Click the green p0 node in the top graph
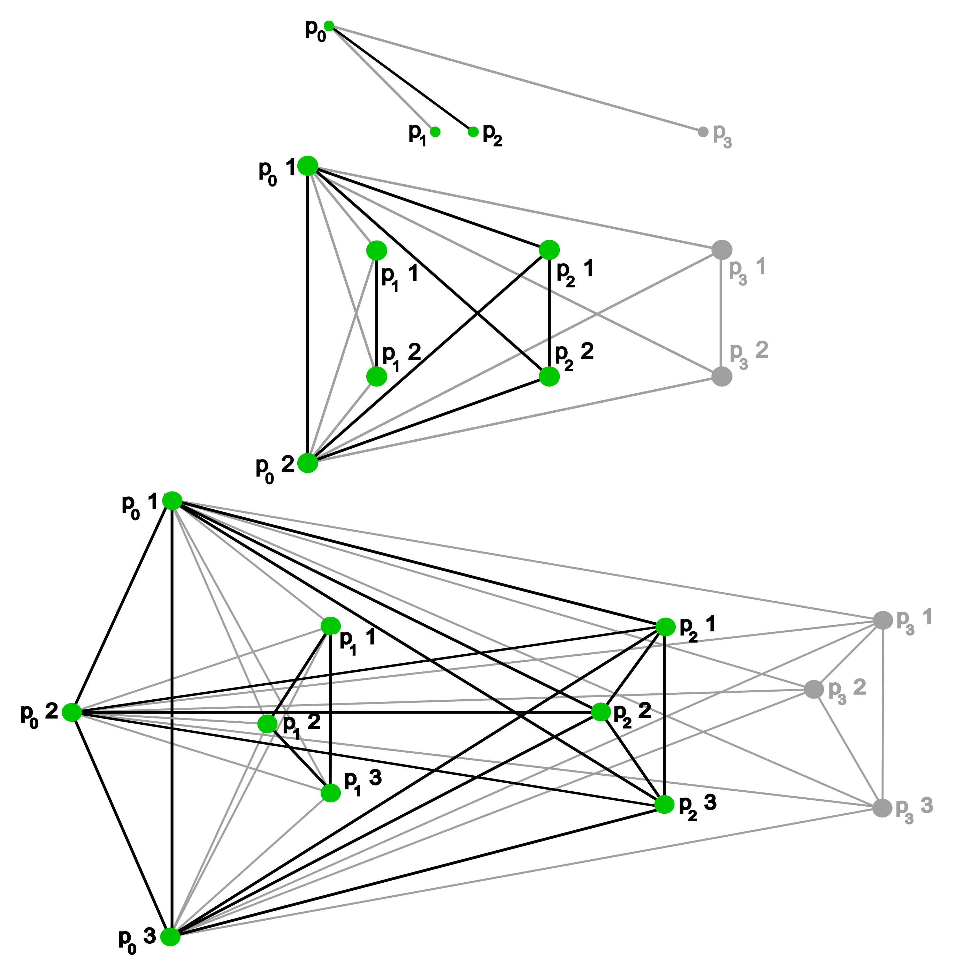tap(328, 26)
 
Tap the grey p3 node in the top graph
tap(703, 132)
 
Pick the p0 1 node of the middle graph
tap(308, 166)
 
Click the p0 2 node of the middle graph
tap(308, 463)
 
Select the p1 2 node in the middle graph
tap(376, 376)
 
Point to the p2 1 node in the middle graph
tap(549, 250)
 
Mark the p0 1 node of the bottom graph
tap(172, 501)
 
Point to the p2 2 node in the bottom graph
tap(601, 712)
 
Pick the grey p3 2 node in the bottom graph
tap(813, 690)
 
